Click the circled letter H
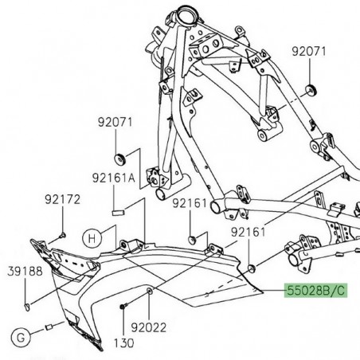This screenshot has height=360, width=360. (x=92, y=237)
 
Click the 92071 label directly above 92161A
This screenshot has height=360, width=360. (x=115, y=123)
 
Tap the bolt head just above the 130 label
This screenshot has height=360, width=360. (x=122, y=307)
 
